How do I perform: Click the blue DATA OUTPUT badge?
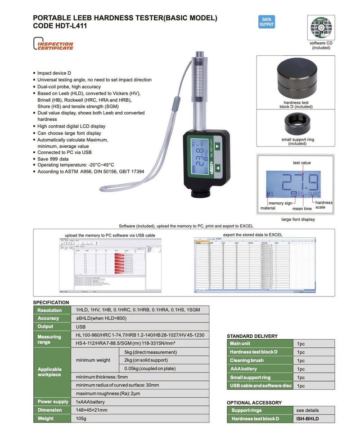point(266,22)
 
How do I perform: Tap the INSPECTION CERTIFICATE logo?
point(53,45)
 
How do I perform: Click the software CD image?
point(321,27)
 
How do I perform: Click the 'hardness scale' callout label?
point(324,205)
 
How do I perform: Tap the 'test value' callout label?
point(301,163)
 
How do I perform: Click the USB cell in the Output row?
point(81,327)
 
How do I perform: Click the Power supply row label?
point(53,402)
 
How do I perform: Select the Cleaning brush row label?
point(247,360)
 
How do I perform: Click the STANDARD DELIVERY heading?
point(252,336)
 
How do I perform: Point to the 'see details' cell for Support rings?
point(307,410)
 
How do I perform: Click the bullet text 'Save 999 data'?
point(53,159)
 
